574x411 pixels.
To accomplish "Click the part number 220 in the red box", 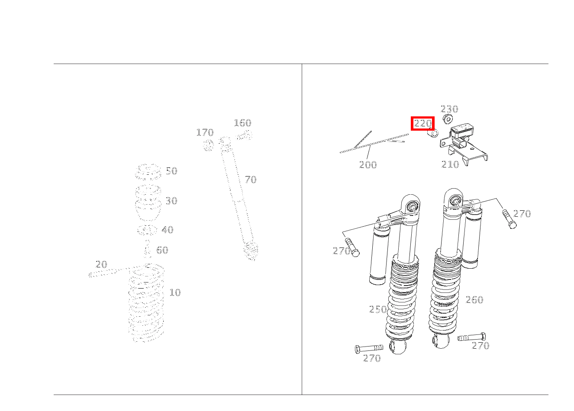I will (x=422, y=123).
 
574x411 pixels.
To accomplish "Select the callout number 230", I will (x=449, y=109).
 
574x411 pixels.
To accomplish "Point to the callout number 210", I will (x=450, y=164).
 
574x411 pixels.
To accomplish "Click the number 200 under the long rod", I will (x=368, y=165).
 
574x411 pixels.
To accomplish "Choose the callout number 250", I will (x=377, y=309).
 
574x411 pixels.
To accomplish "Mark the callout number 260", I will (x=474, y=300).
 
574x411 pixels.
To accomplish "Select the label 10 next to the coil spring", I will (x=175, y=293).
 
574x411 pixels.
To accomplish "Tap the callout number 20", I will (x=101, y=264).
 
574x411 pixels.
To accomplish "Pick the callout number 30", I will (x=171, y=201).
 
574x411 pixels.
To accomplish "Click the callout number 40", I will (x=168, y=230).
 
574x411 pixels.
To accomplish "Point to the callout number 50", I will (x=171, y=171).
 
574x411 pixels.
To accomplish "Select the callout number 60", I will (x=162, y=250).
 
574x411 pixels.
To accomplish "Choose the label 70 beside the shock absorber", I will (x=251, y=180).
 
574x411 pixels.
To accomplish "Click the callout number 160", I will (x=242, y=123).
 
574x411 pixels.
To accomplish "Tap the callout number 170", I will (x=205, y=133).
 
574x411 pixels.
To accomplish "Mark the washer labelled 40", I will (x=147, y=230).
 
